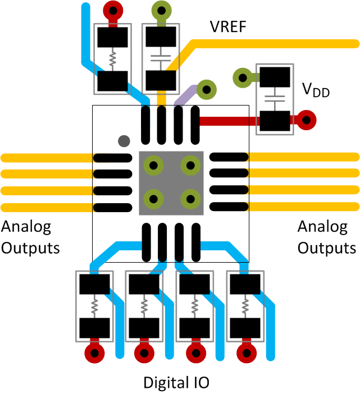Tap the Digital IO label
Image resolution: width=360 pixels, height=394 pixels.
(176, 383)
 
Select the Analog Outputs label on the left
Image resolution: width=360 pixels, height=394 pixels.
(30, 237)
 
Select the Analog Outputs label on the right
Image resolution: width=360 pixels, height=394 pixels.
(326, 237)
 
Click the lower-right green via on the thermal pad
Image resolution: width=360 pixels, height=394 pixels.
(191, 199)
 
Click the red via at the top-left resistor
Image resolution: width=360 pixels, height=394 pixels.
(113, 10)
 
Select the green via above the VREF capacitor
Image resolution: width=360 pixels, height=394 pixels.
(162, 10)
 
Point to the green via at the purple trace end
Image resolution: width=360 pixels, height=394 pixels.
(207, 89)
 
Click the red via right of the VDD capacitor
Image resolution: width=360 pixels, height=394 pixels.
(307, 120)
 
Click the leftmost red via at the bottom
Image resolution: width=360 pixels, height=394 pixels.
(94, 353)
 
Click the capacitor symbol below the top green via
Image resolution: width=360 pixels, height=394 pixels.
(162, 58)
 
